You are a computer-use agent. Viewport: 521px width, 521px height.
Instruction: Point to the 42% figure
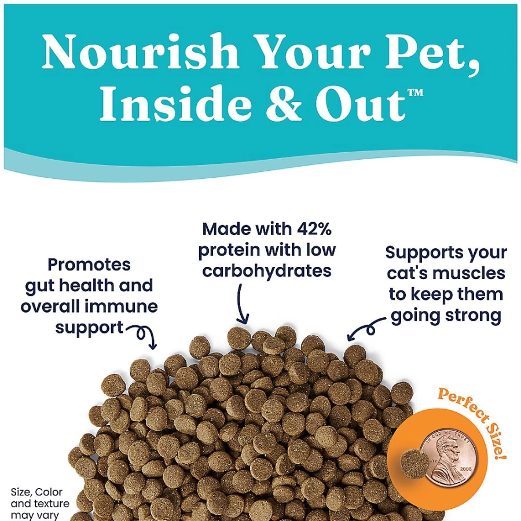[x=314, y=229]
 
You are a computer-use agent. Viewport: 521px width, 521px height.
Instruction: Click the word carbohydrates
[x=267, y=270]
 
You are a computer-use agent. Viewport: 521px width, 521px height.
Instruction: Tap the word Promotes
[x=89, y=265]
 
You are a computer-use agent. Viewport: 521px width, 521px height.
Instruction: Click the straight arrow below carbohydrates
[x=242, y=303]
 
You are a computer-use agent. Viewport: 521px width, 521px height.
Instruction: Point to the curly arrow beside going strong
[x=367, y=328]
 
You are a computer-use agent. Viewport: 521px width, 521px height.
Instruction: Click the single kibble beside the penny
[x=415, y=464]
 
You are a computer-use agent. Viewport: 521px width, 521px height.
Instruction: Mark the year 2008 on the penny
[x=465, y=469]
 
